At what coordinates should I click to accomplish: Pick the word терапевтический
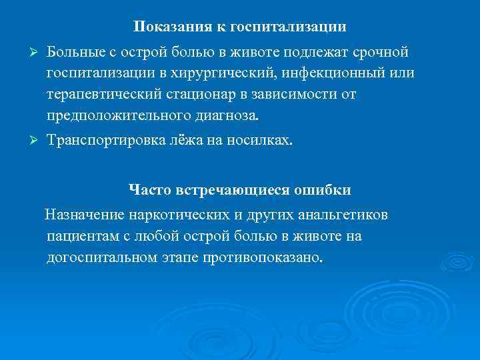[102, 94]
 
